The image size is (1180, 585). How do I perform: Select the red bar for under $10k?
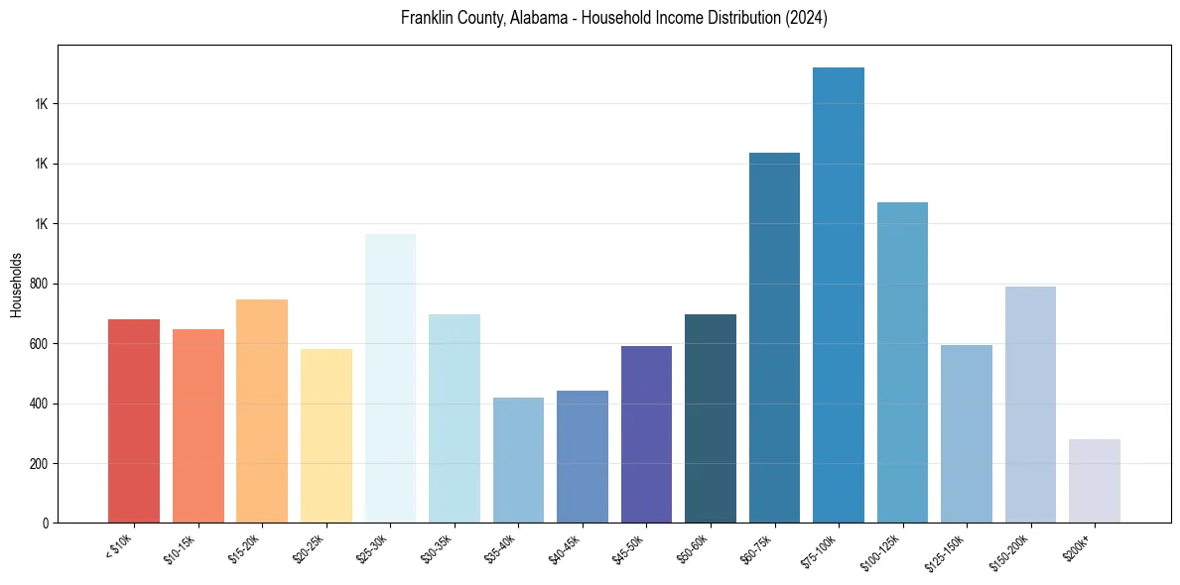click(x=134, y=420)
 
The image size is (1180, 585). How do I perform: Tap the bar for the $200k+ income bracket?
click(x=1095, y=481)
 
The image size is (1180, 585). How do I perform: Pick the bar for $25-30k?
click(x=390, y=378)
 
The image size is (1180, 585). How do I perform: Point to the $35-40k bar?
click(x=518, y=460)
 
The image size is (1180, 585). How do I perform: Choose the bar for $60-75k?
click(x=774, y=337)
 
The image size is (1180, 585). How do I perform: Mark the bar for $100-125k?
click(x=902, y=362)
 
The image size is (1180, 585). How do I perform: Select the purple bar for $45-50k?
click(x=646, y=434)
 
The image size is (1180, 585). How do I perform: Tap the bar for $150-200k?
click(x=1030, y=405)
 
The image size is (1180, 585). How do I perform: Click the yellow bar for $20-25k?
click(x=327, y=435)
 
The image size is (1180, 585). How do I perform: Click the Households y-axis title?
click(x=16, y=285)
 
